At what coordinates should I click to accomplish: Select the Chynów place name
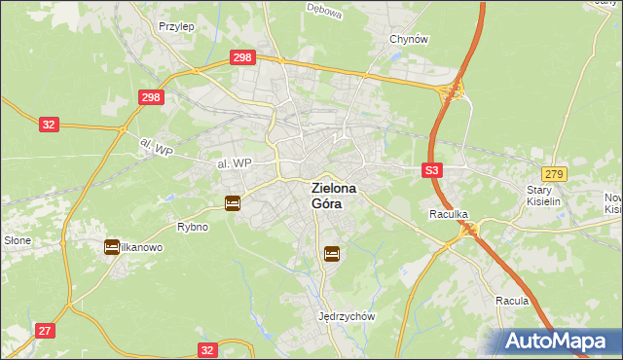click(409, 39)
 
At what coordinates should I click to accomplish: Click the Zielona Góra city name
click(333, 196)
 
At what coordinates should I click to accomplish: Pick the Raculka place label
click(450, 213)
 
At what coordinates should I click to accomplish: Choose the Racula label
click(511, 301)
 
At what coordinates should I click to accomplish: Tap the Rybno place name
click(192, 227)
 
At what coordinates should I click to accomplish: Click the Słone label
click(18, 240)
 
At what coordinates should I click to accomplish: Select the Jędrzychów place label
click(347, 316)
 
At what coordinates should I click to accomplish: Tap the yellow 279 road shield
click(555, 172)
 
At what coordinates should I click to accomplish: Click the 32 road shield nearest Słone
click(50, 125)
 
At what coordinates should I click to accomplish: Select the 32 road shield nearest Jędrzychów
click(206, 348)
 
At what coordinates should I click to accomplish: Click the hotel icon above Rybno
click(233, 203)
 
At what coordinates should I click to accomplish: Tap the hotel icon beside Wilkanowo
click(112, 247)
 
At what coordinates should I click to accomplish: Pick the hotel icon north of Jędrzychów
click(332, 253)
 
